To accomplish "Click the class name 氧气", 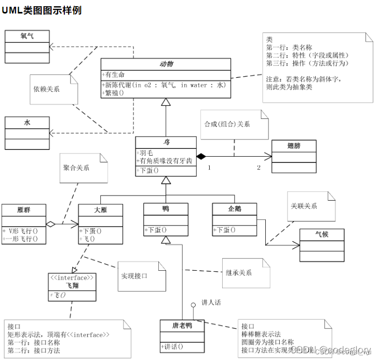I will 27,36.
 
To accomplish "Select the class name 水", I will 27,122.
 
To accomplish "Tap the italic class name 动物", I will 166,64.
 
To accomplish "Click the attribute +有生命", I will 115,74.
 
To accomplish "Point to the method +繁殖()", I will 115,93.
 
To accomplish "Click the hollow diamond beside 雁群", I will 50,224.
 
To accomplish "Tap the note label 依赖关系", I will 46,89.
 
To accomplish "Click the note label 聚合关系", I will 76,168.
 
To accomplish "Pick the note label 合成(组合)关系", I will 227,124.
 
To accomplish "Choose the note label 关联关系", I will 304,206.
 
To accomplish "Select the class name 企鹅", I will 235,209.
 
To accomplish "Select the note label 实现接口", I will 134,276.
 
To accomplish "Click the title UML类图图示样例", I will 42,10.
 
